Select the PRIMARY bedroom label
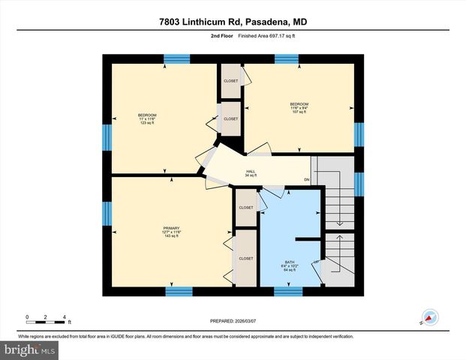[x=172, y=231]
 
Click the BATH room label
[x=289, y=265]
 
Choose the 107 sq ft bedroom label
[x=299, y=106]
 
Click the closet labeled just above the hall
[x=231, y=118]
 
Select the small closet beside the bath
[x=246, y=208]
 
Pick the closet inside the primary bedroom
[x=246, y=258]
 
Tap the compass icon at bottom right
[x=429, y=317]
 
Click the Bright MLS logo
[x=30, y=349]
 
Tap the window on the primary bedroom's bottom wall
[x=178, y=291]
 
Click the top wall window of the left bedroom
[x=177, y=58]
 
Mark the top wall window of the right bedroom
[x=287, y=58]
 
